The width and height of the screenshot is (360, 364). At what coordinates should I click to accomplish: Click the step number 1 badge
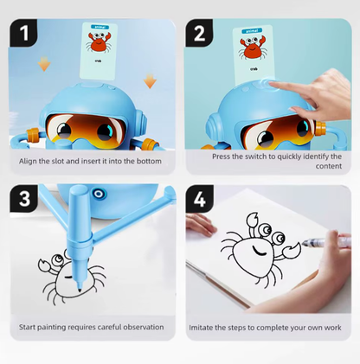[x=23, y=33]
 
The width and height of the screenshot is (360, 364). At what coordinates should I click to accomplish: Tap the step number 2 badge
[x=199, y=33]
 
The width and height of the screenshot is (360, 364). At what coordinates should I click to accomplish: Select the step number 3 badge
[x=24, y=198]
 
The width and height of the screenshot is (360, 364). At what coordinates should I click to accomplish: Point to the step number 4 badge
[x=200, y=199]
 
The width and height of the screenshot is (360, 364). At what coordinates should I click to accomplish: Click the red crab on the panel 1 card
[x=99, y=42]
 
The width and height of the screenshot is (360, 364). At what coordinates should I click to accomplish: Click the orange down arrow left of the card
[x=44, y=63]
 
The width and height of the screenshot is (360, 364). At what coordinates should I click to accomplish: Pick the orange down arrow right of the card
[x=150, y=80]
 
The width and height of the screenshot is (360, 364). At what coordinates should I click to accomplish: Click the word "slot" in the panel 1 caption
[x=58, y=161]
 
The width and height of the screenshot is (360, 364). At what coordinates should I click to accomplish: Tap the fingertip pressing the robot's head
[x=272, y=84]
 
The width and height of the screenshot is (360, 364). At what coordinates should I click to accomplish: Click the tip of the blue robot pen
[x=80, y=291]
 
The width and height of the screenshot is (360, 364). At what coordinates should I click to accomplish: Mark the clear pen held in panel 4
[x=326, y=241]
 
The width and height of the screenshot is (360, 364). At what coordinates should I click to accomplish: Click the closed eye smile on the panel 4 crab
[x=260, y=251]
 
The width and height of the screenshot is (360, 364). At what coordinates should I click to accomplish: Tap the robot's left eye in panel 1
[x=64, y=130]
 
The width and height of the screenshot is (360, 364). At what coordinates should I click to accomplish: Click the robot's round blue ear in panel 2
[x=213, y=127]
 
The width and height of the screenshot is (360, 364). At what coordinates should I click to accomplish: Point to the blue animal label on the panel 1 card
[x=100, y=27]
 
